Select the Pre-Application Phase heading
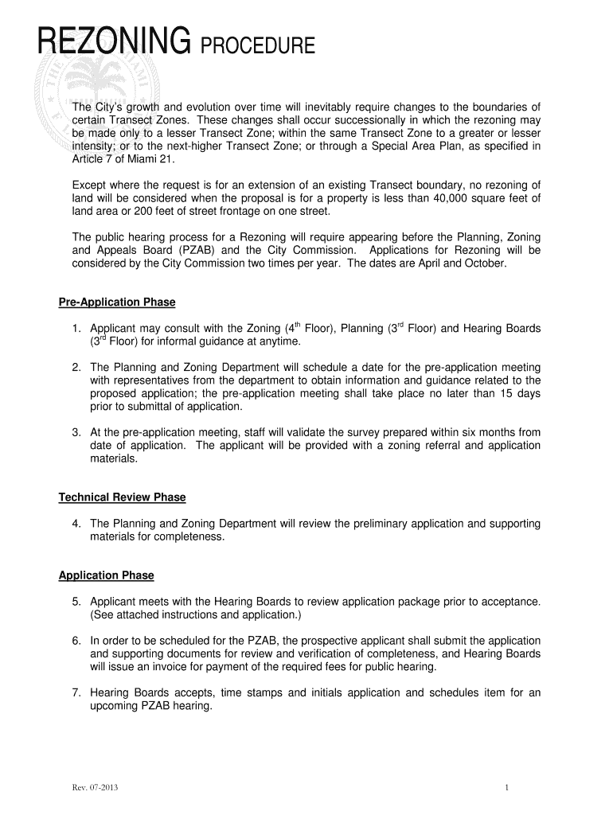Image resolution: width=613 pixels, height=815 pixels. tap(117, 302)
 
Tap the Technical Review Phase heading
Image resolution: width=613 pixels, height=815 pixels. tap(122, 497)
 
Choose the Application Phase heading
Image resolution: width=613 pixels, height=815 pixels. tap(107, 575)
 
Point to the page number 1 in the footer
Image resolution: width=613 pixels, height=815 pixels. tap(506, 789)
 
